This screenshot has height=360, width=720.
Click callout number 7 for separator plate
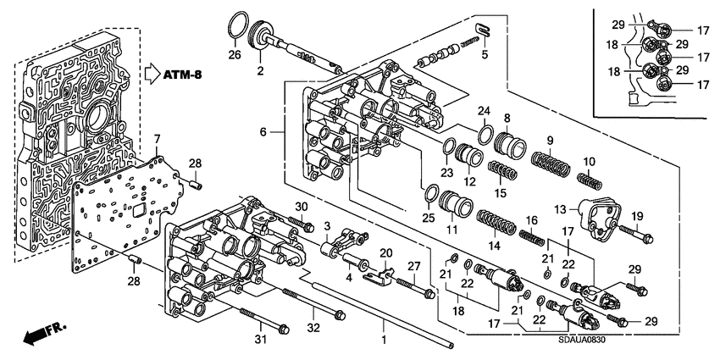(x=156, y=138)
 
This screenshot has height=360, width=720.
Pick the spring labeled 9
(x=551, y=158)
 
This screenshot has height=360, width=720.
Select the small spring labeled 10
(x=588, y=180)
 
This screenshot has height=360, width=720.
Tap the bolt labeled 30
(x=296, y=223)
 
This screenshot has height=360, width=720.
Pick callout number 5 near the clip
(x=485, y=57)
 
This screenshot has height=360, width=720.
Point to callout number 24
(x=484, y=111)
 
